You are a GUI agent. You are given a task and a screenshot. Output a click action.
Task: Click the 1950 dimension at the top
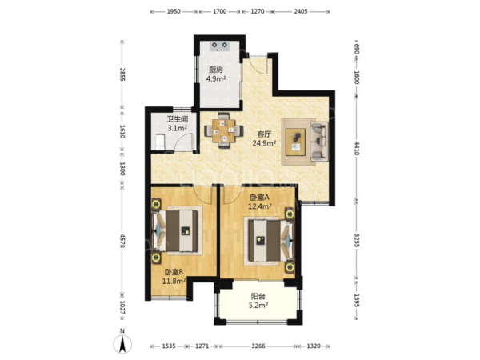174,12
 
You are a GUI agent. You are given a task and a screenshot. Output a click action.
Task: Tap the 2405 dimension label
301,12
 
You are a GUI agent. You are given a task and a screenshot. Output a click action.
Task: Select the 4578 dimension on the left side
122,241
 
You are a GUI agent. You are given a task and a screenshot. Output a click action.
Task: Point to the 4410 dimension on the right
357,147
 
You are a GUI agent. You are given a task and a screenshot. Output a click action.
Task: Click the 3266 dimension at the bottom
258,346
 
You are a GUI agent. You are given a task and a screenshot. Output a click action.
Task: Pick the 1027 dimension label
122,307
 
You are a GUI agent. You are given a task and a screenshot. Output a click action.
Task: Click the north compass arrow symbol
122,344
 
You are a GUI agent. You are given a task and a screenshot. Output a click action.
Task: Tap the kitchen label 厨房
216,70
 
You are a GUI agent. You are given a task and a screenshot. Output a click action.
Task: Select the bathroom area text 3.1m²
178,128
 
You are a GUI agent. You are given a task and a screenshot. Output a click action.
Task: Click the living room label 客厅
264,134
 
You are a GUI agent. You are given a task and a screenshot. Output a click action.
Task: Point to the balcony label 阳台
258,296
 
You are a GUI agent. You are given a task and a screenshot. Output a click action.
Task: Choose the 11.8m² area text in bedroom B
174,281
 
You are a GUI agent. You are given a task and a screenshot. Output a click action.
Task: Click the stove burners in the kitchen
219,46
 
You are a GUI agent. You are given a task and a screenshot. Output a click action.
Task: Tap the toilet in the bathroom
160,142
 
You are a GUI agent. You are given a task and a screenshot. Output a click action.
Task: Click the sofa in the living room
319,142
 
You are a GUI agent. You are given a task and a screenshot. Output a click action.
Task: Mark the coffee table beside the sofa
296,142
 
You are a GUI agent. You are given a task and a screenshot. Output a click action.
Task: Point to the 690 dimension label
357,49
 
